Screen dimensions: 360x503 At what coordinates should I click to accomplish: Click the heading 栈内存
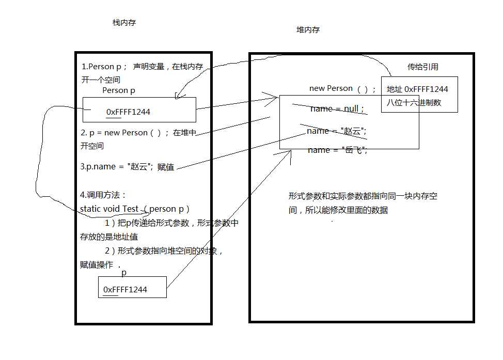click(x=124, y=23)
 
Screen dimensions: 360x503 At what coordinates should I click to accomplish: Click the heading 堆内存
click(x=308, y=30)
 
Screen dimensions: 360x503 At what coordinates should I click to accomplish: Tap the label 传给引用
click(x=423, y=67)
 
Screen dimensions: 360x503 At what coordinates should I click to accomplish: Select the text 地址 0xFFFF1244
click(x=417, y=89)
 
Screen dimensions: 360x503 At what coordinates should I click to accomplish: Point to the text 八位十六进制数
click(x=414, y=102)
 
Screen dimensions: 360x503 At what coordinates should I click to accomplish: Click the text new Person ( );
click(x=342, y=88)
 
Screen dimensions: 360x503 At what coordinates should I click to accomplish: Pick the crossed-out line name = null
click(x=337, y=109)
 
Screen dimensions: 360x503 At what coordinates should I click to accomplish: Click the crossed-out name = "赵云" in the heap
click(x=336, y=131)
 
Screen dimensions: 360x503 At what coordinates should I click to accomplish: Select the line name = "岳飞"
click(x=337, y=150)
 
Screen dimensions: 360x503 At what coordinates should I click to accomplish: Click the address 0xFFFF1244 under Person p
click(x=128, y=112)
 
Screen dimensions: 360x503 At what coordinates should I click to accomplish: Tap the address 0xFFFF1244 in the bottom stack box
click(x=125, y=290)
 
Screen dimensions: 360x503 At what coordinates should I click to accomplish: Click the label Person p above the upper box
click(x=119, y=90)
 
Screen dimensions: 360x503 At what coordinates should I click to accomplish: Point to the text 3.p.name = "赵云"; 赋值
click(x=128, y=167)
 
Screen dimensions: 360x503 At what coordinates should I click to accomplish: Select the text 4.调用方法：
click(x=103, y=195)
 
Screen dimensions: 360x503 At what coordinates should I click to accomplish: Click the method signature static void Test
click(x=109, y=209)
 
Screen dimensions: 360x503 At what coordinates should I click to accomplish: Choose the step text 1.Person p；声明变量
click(x=142, y=67)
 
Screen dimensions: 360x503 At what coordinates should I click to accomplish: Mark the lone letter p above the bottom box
click(x=124, y=272)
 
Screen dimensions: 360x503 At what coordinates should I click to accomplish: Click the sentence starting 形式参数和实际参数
click(x=363, y=197)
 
